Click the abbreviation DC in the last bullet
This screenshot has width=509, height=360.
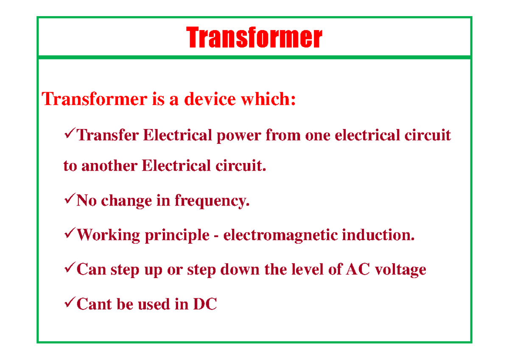205,304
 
